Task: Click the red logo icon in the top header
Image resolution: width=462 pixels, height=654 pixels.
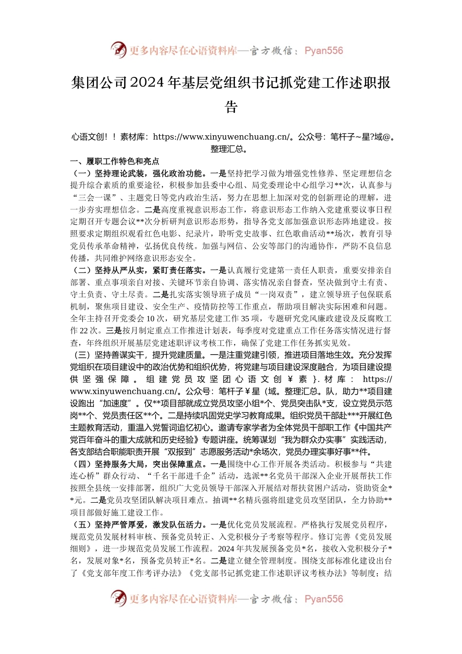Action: [118, 50]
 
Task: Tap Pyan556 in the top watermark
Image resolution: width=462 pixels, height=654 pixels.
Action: [323, 51]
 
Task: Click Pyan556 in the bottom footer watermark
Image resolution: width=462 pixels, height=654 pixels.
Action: [323, 599]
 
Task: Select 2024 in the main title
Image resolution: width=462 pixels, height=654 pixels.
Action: [147, 83]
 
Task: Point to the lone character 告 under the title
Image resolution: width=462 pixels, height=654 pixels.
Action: [231, 107]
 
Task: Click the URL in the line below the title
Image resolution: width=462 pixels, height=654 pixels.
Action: [221, 137]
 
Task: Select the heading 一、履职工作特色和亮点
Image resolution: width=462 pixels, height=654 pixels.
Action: [115, 162]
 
